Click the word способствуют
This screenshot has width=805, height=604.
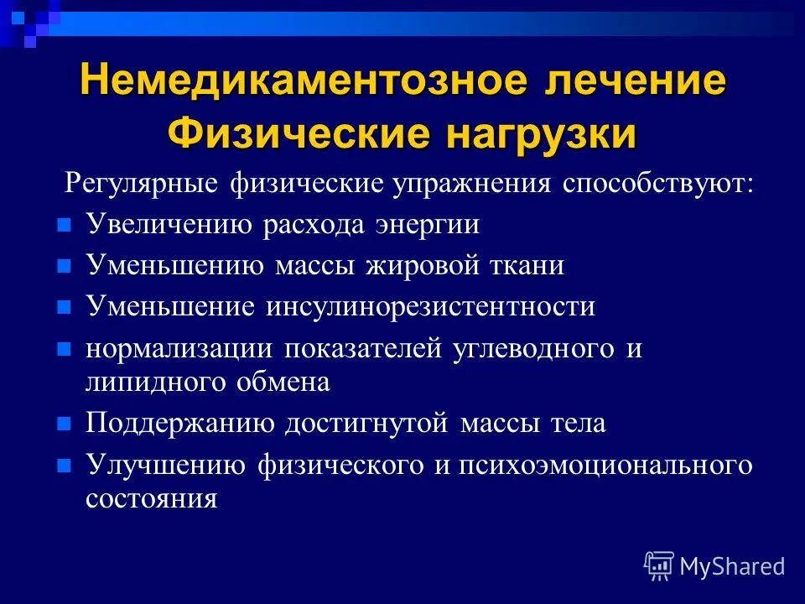657,184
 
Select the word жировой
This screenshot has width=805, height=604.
420,266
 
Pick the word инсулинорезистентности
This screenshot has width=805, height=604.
431,306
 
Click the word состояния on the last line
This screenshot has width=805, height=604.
152,498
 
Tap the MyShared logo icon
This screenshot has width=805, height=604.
659,565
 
